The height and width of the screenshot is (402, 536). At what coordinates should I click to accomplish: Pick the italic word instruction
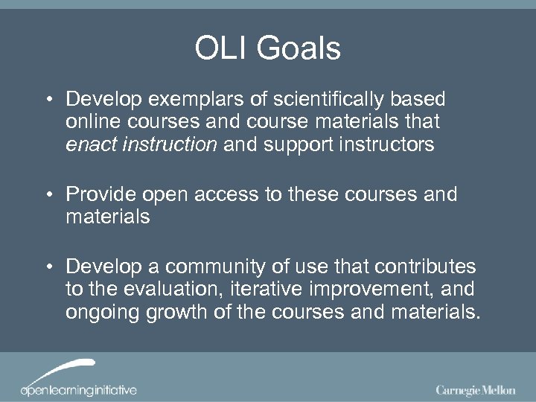pyautogui.click(x=166, y=144)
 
